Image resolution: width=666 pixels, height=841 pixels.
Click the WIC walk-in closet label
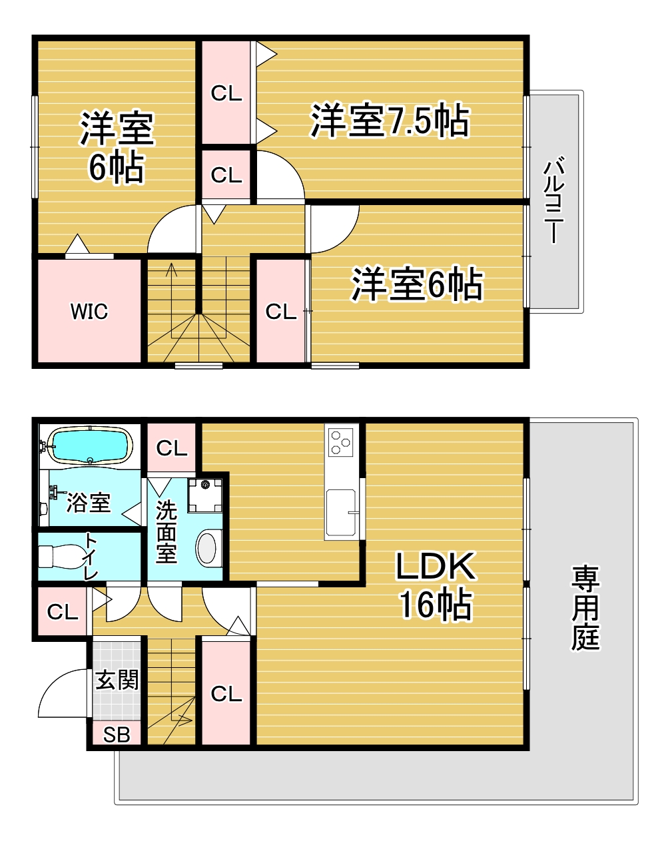click(89, 312)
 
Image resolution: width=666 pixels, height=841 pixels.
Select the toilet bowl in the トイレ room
click(61, 557)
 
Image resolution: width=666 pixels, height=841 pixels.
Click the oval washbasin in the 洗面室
click(206, 548)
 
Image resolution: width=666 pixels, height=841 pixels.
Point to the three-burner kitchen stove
click(341, 441)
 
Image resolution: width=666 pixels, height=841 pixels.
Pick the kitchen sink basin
click(341, 512)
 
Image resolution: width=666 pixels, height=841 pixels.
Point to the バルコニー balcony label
click(554, 200)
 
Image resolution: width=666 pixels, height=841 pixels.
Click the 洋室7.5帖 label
click(390, 120)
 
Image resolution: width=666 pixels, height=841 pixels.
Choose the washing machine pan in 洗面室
click(205, 495)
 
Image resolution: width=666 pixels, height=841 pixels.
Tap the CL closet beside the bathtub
click(172, 448)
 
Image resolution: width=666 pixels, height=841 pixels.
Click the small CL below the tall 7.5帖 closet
click(226, 174)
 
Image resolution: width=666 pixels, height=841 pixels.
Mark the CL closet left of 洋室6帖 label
click(280, 312)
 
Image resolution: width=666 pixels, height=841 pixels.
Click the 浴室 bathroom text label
click(89, 503)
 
